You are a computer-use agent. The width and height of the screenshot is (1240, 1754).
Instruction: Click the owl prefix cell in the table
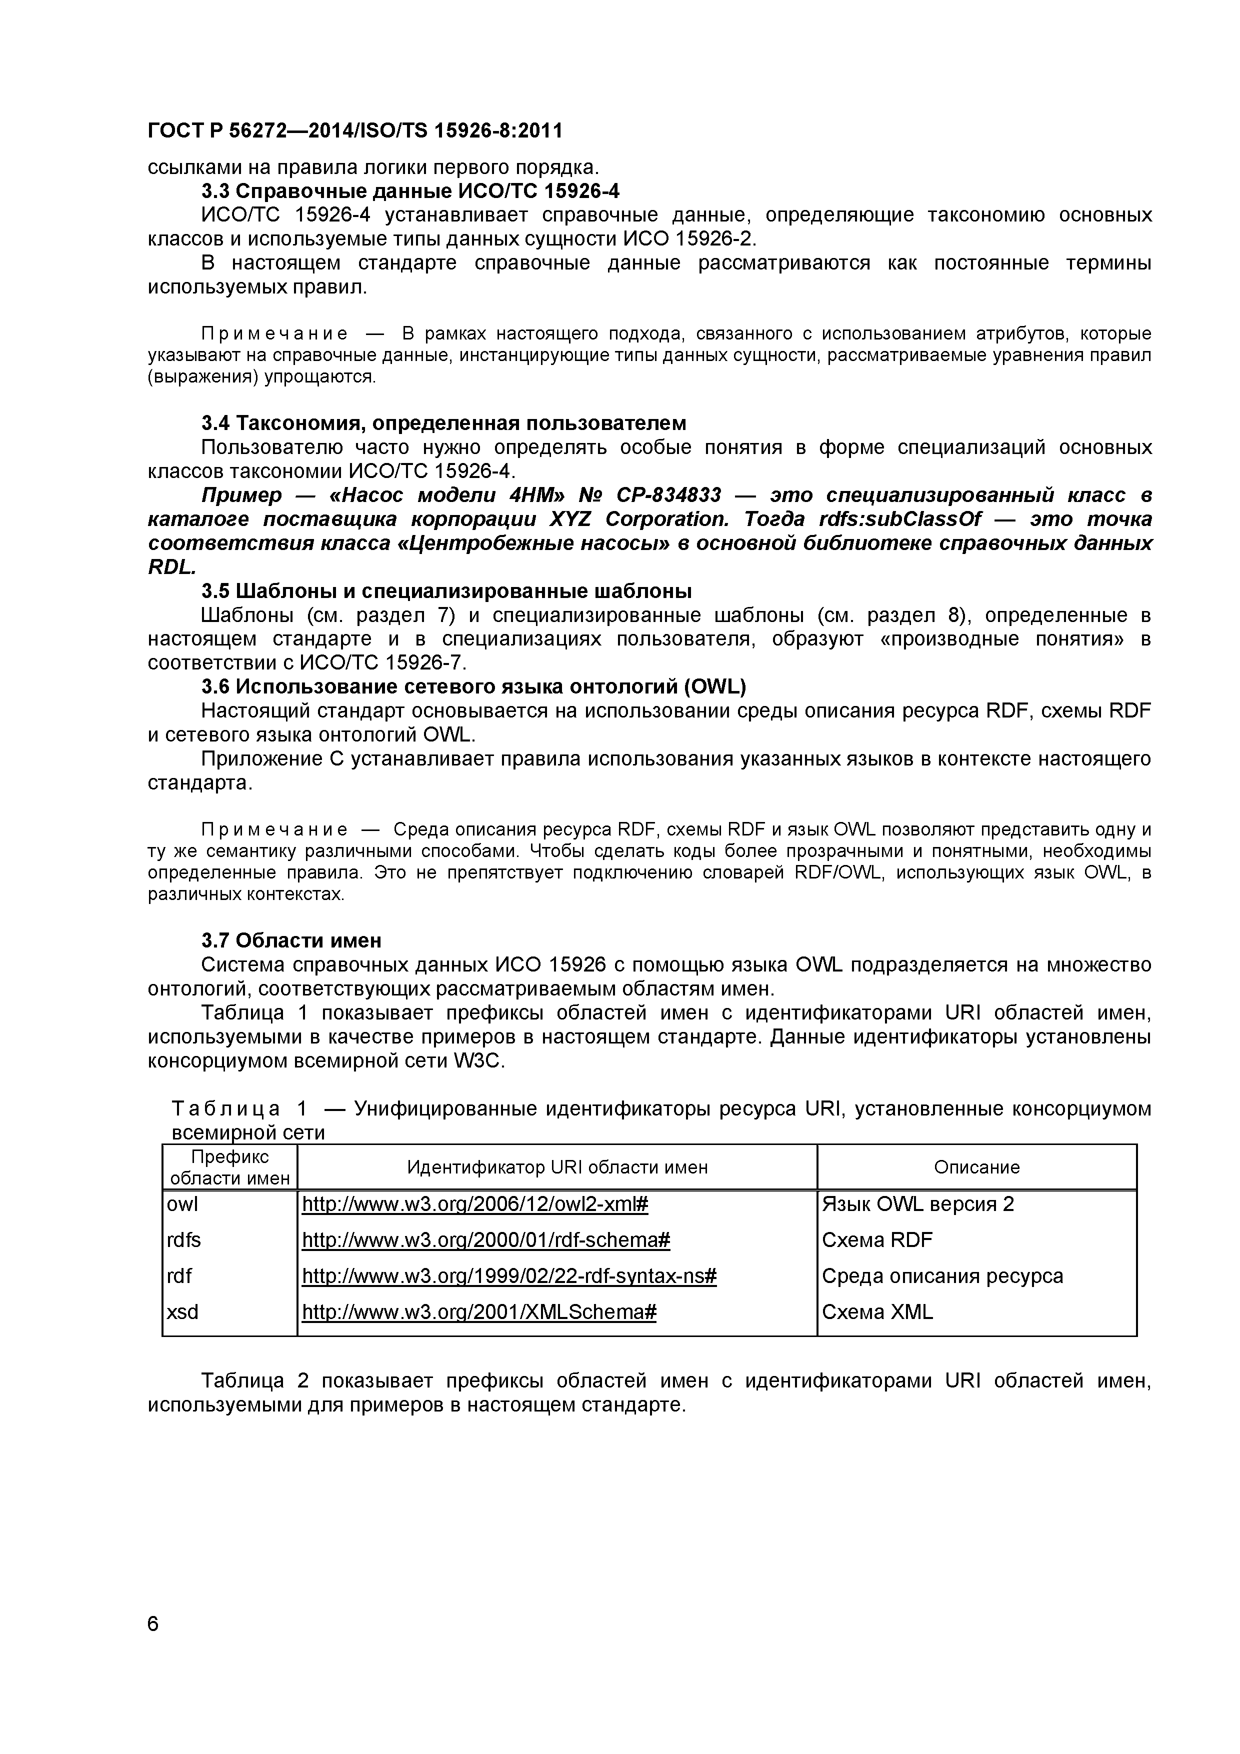tap(182, 1204)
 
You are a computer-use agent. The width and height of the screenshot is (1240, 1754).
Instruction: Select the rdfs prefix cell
tap(183, 1240)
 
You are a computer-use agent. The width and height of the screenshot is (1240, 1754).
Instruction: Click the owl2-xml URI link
tap(474, 1204)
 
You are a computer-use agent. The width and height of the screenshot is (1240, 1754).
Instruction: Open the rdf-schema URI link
tap(486, 1240)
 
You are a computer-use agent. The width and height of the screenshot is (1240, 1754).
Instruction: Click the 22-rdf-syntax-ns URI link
tap(509, 1276)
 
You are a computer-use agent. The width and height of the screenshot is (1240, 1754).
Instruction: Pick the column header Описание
tap(976, 1167)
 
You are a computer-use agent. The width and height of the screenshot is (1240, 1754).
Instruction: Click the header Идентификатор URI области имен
tap(557, 1167)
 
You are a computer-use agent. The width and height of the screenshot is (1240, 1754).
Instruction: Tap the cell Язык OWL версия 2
tap(917, 1204)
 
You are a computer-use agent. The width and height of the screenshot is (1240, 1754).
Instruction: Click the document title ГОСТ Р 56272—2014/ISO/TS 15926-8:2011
tap(354, 131)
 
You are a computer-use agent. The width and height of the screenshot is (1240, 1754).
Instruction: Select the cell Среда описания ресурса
tap(942, 1276)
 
